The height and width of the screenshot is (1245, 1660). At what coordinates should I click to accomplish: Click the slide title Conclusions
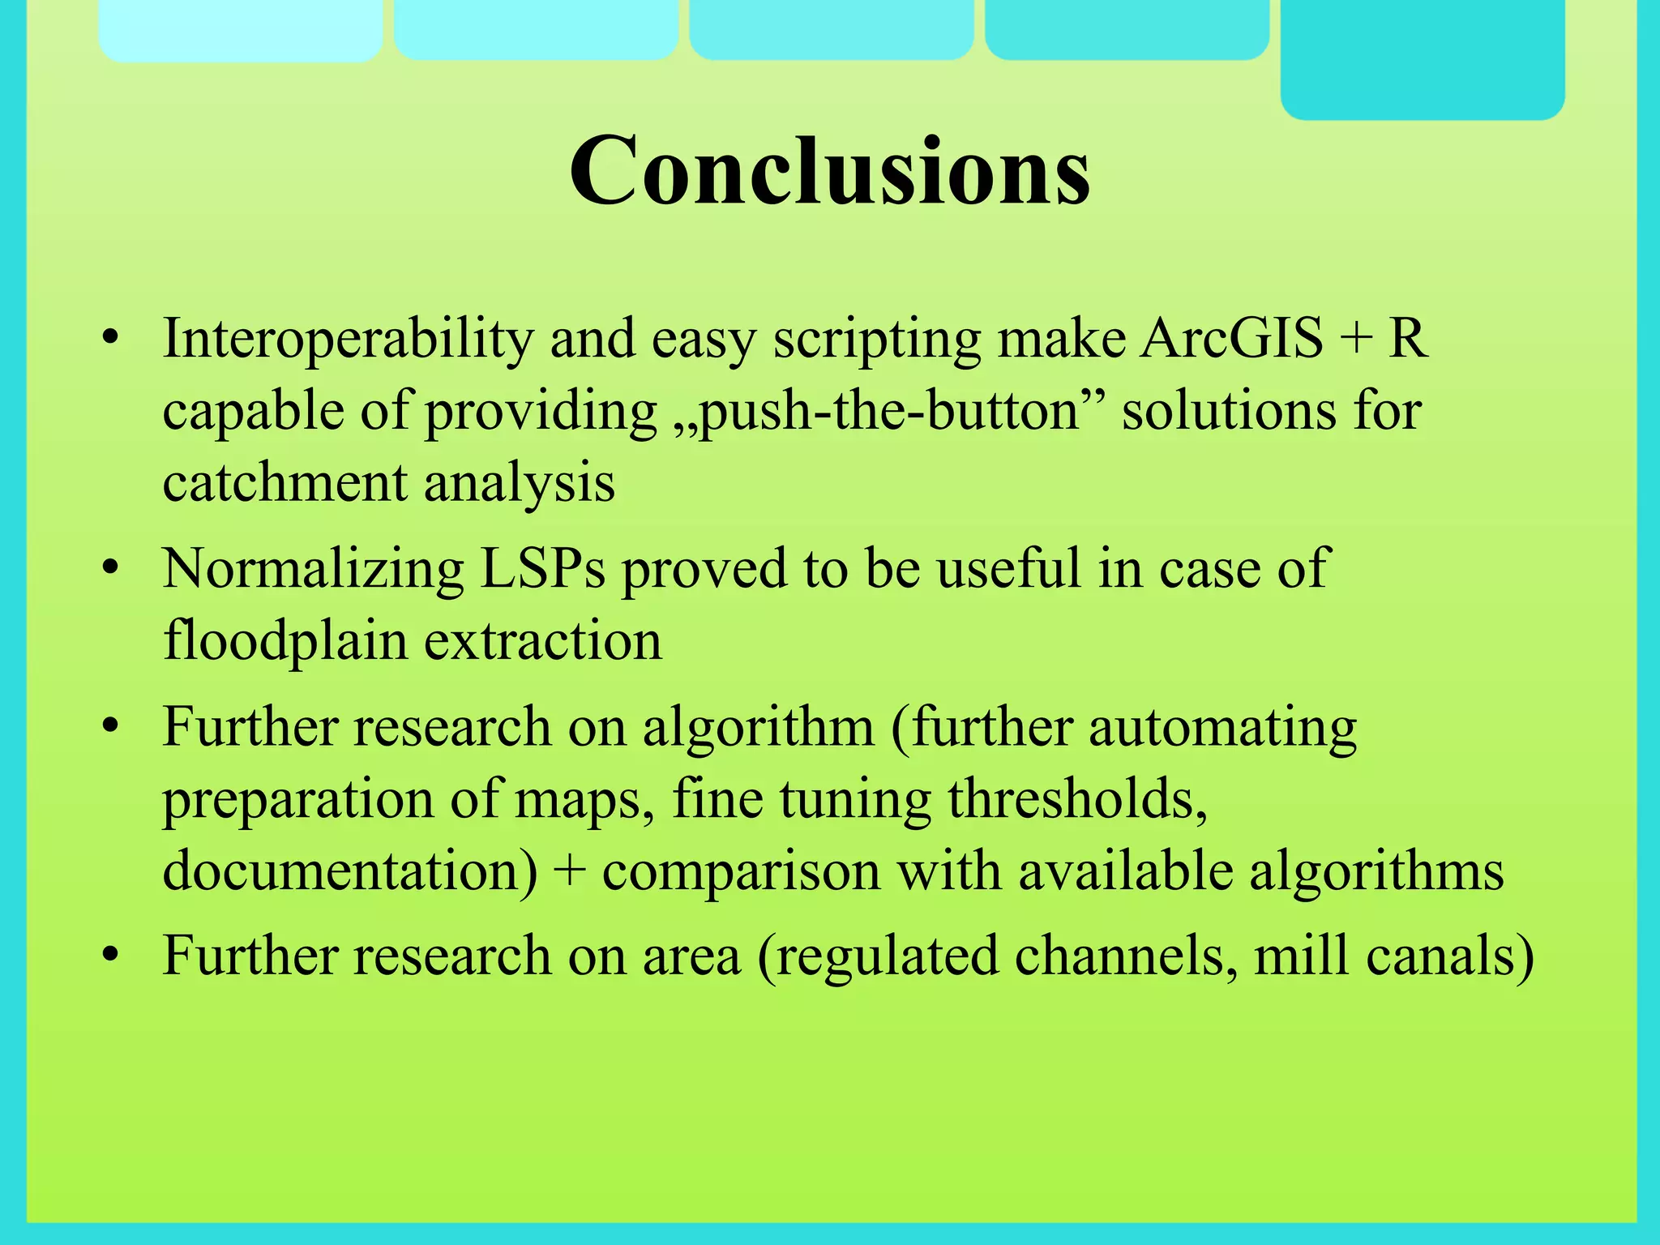(830, 172)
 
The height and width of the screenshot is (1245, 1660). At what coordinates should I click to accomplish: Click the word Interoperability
(348, 339)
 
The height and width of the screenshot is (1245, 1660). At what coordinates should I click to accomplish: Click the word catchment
(285, 483)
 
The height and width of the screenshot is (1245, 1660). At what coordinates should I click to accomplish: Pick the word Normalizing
(313, 569)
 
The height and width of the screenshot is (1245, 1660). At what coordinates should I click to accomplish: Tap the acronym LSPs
(542, 569)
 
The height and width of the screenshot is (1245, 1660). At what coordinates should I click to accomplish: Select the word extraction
(543, 641)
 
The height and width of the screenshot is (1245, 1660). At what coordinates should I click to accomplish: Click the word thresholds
(1077, 799)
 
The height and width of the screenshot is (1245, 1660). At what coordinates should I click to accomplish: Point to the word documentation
(349, 871)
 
